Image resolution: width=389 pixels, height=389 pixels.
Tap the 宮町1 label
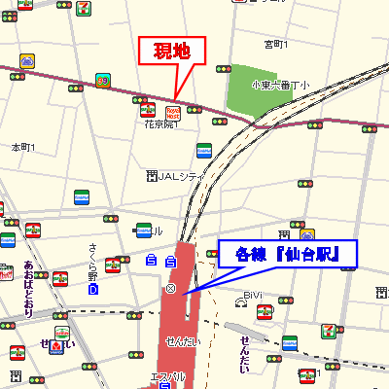tap(277, 45)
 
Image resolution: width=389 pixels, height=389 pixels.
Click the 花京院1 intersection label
tap(161, 124)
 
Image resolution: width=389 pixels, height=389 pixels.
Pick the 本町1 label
tap(22, 148)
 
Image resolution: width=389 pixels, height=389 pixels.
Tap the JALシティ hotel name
tap(179, 176)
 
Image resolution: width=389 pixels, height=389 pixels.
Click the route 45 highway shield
tap(102, 80)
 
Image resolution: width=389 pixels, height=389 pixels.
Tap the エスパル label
tap(167, 376)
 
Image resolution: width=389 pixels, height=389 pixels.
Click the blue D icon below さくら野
tap(93, 289)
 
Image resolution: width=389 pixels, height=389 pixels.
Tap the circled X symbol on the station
tap(171, 290)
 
